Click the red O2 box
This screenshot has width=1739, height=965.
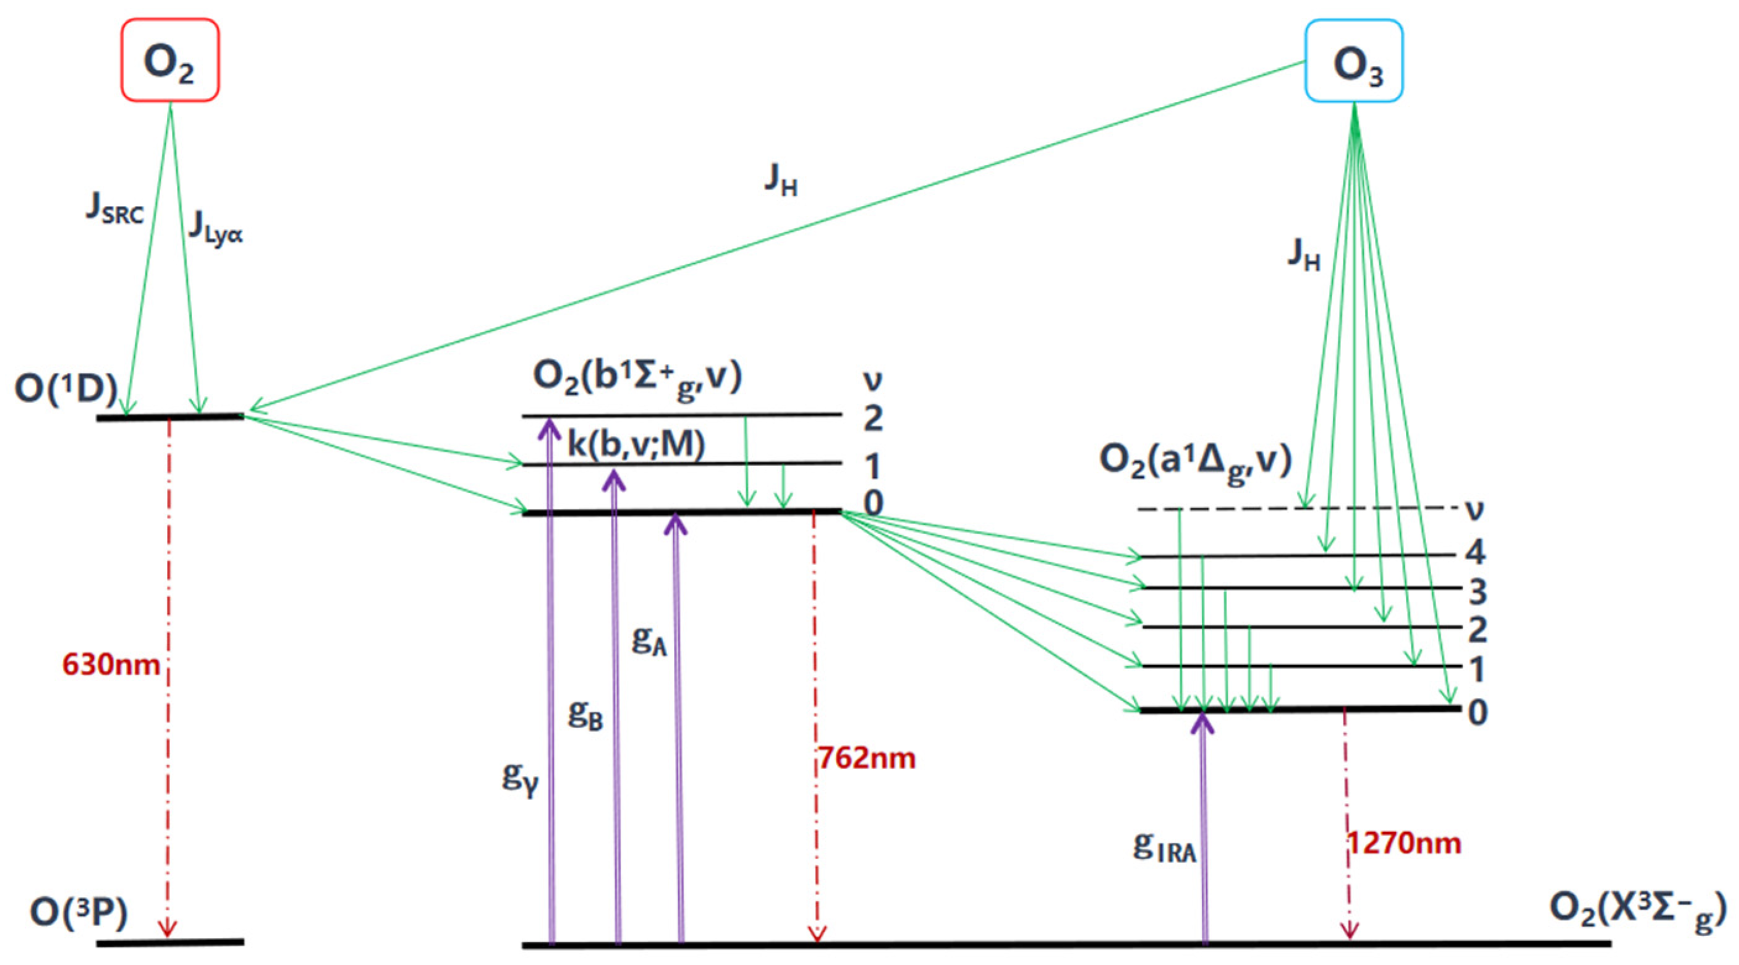[170, 61]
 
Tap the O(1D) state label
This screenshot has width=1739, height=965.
[66, 389]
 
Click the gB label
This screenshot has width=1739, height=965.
[585, 714]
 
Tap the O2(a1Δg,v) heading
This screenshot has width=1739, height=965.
[1196, 461]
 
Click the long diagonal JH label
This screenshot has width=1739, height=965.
[781, 180]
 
